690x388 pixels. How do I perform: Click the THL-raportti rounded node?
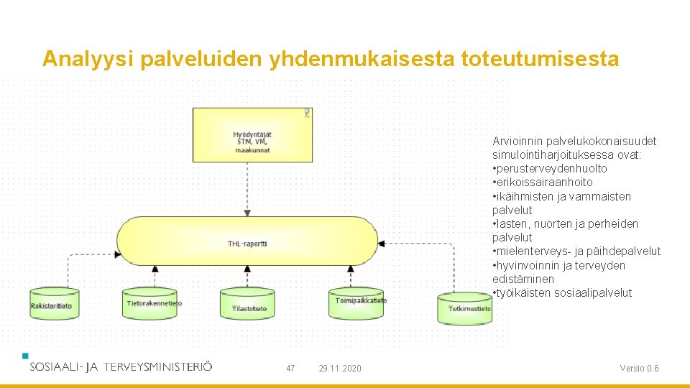[x=247, y=244]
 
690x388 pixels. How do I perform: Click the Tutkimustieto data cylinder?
[x=465, y=308]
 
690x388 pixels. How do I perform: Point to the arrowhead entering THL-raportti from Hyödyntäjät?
[x=247, y=213]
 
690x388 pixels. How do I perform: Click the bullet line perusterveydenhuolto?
[x=551, y=169]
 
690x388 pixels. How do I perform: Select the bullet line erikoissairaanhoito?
[x=543, y=183]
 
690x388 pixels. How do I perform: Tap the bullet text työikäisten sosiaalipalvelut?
[x=562, y=293]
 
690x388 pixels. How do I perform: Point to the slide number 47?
[x=290, y=369]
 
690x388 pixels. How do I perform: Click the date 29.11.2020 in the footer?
[x=340, y=369]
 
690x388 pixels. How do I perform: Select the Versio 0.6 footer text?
[x=639, y=369]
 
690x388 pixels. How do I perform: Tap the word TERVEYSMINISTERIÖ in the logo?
[x=158, y=366]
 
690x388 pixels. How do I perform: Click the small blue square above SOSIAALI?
[x=26, y=355]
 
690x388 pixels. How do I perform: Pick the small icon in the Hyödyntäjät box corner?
[x=307, y=113]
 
